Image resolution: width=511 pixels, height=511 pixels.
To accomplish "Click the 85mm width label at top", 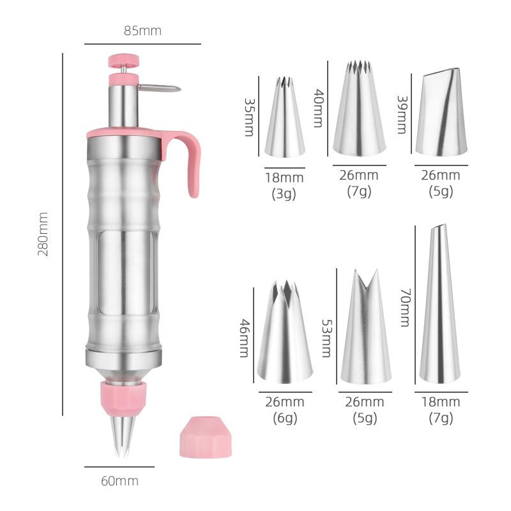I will (x=142, y=30).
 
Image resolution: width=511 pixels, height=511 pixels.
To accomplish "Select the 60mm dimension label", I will (x=119, y=481).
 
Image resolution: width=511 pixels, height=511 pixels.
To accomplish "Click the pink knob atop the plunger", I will (x=124, y=61).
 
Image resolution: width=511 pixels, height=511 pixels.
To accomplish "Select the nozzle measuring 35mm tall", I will (x=285, y=119).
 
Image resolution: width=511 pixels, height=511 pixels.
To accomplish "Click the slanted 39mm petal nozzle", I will (x=441, y=114).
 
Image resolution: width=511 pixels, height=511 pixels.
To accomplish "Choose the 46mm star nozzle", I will (x=285, y=333).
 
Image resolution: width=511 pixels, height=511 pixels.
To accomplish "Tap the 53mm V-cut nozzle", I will (x=365, y=328).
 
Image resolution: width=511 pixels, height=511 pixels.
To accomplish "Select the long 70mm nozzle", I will (x=439, y=307).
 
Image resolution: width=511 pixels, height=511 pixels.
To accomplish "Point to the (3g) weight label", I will (x=285, y=194).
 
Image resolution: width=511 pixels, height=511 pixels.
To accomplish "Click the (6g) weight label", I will (x=284, y=418).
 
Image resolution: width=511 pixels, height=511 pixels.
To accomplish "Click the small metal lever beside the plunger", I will (x=159, y=89).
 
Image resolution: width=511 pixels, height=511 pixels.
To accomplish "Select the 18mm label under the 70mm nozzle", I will (x=441, y=402).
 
